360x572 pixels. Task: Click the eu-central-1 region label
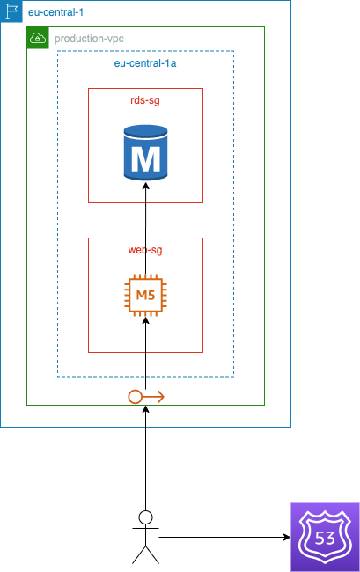[x=55, y=12]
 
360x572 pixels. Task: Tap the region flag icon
[x=11, y=11]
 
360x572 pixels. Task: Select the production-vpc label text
[x=89, y=39]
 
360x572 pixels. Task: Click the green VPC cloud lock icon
[x=38, y=38]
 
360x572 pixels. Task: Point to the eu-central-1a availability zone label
[x=145, y=63]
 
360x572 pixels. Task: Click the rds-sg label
[x=145, y=100]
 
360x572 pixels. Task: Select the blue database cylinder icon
[x=145, y=152]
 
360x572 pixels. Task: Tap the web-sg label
[x=145, y=250]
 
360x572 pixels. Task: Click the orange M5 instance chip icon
[x=145, y=295]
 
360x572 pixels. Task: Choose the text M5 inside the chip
[x=145, y=295]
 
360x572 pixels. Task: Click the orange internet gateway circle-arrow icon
[x=146, y=397]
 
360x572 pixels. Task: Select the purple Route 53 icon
[x=325, y=538]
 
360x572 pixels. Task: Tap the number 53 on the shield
[x=325, y=538]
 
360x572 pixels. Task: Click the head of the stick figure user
[x=145, y=517]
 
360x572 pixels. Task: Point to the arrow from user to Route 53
[x=224, y=537]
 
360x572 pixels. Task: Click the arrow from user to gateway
[x=145, y=458]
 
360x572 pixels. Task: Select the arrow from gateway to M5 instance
[x=145, y=353]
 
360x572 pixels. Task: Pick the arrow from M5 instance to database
[x=145, y=228]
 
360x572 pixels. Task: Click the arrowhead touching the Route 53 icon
[x=287, y=537]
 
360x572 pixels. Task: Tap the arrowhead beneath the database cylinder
[x=145, y=186]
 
